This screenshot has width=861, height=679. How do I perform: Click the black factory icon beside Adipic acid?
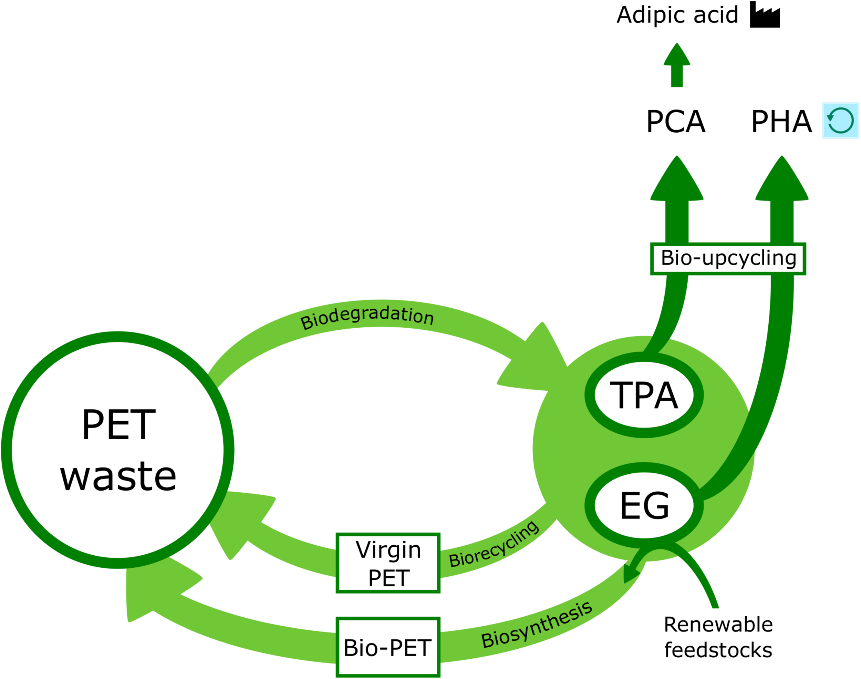pos(765,15)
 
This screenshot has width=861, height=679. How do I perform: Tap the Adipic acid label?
pos(677,15)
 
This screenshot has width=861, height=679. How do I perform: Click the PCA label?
pos(676,122)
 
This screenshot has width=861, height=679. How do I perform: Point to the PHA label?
pos(781,122)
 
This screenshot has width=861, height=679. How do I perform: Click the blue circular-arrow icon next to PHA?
pos(840,121)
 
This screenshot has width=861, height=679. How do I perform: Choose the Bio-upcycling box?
pos(728,259)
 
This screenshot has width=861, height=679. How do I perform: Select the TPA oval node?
pos(644,395)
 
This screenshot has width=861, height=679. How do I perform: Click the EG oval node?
pos(644,506)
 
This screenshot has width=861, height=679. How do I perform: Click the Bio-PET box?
pos(388,648)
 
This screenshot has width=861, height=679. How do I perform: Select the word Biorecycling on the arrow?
pos(494,545)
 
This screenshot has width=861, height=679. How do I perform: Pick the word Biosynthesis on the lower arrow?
pos(536,625)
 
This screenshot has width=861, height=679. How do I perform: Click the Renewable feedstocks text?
pos(718,637)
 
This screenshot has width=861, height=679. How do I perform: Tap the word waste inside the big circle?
pos(118,477)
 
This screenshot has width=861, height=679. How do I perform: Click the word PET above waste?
pos(118,425)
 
